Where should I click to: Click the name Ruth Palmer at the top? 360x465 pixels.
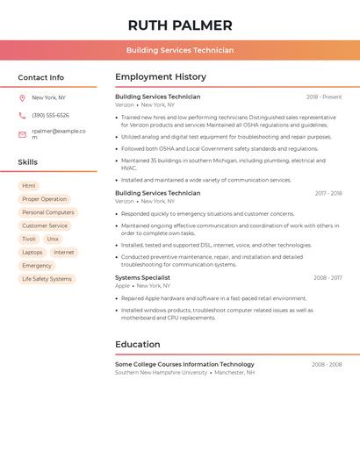coord(180,25)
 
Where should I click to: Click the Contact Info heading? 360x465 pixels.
coord(41,77)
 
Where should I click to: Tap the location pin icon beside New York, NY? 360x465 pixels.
coord(22,98)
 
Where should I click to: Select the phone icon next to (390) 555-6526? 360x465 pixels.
coord(22,116)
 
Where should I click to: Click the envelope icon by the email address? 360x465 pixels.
coord(22,134)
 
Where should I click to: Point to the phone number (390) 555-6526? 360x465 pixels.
coord(50,116)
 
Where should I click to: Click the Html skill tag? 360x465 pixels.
coord(29,186)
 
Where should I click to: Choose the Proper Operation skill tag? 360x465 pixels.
coord(44,199)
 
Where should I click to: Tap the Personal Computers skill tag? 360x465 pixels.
coord(48,212)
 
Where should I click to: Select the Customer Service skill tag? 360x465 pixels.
coord(45,225)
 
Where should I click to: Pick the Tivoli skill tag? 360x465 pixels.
coord(29,239)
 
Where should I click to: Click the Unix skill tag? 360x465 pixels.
coord(53,239)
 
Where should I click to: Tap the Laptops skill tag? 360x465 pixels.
coord(32,252)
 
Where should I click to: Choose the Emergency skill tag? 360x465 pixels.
coord(37,265)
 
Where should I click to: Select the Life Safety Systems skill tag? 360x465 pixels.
coord(47,279)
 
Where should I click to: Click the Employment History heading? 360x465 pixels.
coord(161,77)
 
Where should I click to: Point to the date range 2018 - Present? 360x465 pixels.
coord(324,97)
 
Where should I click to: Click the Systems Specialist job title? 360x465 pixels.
coord(142,278)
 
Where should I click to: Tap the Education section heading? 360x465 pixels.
coord(138,345)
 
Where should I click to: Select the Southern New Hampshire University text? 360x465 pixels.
coord(161,372)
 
